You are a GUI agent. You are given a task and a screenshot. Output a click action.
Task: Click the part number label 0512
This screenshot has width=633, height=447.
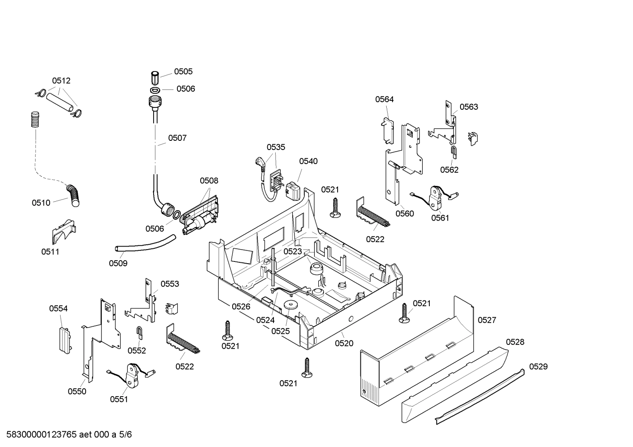click(x=61, y=81)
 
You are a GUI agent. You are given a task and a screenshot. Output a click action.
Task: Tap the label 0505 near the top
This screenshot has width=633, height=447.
click(x=183, y=72)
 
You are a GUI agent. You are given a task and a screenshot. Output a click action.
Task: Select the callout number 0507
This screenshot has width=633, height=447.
click(x=177, y=138)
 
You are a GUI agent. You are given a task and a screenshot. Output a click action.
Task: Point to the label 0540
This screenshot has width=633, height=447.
click(x=308, y=161)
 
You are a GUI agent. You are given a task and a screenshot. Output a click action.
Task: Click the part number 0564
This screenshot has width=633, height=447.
click(x=384, y=99)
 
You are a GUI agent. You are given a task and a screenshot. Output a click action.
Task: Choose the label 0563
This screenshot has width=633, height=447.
click(x=468, y=107)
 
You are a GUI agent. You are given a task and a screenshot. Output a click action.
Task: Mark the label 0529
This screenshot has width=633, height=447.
click(x=538, y=366)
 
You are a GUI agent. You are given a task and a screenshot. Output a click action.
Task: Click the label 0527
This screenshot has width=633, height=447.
click(x=487, y=320)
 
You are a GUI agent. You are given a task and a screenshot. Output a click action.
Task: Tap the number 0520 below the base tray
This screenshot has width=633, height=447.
click(x=344, y=343)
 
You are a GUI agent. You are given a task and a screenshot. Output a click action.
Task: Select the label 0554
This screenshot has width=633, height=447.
click(x=58, y=308)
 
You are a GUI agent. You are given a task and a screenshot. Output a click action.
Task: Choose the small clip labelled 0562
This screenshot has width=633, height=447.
click(x=453, y=152)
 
